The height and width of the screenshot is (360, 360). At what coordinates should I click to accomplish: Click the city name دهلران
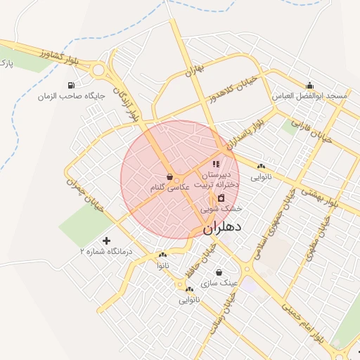tap(222, 228)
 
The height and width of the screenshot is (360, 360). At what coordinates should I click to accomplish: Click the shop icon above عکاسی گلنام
tap(169, 177)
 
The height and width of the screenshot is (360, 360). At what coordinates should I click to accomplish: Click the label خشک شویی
tap(221, 209)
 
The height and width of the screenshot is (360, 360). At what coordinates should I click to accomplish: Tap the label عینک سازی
tap(219, 283)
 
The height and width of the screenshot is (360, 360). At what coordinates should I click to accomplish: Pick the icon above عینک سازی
tap(219, 272)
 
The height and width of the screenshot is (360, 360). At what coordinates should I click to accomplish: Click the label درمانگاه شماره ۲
tap(105, 251)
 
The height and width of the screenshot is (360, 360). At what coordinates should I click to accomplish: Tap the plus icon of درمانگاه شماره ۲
tap(106, 240)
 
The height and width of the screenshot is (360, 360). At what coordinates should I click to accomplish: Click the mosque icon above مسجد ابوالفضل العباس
tap(309, 84)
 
